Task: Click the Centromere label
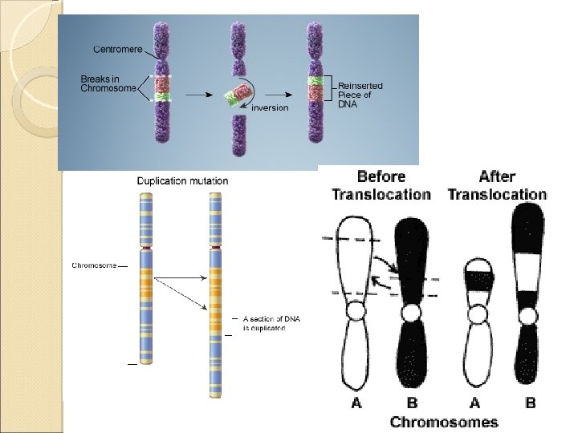pos(118,49)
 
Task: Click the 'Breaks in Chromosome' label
pos(108,83)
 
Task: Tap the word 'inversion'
pos(270,107)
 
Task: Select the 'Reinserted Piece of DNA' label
pos(360,95)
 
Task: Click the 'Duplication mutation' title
pos(182,180)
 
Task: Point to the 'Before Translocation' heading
pos(381,185)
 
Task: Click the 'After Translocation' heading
pos(497,185)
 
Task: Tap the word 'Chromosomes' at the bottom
pos(444,422)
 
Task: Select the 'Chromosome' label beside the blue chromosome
pos(95,265)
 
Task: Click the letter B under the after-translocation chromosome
pos(530,403)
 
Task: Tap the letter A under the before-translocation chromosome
pos(356,403)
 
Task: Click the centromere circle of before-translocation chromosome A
pos(356,310)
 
